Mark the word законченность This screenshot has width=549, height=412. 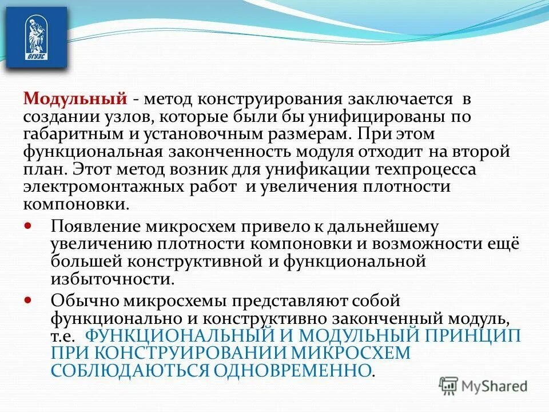(x=230, y=153)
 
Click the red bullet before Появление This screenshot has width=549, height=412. (x=29, y=225)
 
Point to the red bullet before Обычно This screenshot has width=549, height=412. (x=29, y=299)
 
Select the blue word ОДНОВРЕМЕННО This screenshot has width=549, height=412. (x=292, y=370)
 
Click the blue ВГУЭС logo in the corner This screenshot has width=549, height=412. (x=35, y=38)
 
